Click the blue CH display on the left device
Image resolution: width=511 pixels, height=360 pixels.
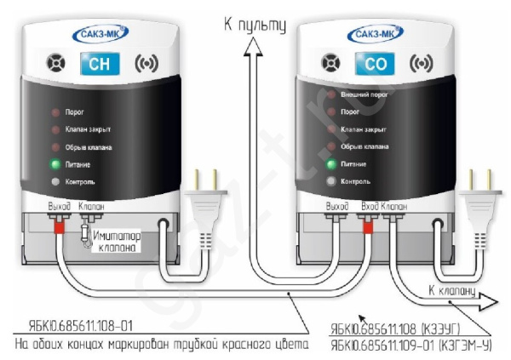coord(95,64)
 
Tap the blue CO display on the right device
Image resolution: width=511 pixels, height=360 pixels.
coord(375,64)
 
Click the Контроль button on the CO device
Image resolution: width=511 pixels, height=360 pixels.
coord(330,181)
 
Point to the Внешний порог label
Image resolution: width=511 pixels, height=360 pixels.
coord(362,94)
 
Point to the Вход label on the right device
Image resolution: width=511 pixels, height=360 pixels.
coord(368,206)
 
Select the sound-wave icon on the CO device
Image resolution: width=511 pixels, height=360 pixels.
coord(417,64)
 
